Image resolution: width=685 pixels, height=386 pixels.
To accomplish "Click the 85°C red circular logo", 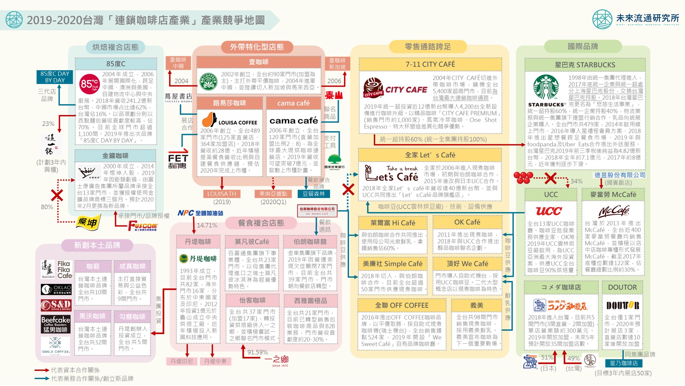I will [x=89, y=84].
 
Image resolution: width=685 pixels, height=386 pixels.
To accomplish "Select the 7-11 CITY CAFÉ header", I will [x=430, y=64].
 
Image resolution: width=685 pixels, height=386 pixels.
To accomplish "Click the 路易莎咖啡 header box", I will [x=229, y=103].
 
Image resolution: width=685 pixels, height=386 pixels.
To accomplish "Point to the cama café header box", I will [x=293, y=103].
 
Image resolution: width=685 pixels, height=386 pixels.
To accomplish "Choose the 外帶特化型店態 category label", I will [x=257, y=47].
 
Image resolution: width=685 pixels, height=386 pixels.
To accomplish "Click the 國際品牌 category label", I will [x=583, y=46].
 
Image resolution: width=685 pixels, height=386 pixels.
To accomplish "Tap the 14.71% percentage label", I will [x=207, y=225].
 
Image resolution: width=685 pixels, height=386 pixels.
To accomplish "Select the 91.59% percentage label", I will [x=257, y=352].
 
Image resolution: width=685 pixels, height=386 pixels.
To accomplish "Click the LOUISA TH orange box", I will [x=222, y=194].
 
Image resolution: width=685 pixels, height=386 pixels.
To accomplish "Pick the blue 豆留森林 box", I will [x=314, y=194].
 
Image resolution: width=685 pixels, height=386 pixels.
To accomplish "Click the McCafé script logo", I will [x=613, y=211].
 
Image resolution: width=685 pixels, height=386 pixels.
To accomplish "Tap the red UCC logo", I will [x=549, y=211].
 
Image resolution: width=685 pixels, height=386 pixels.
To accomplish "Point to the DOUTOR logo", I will [x=622, y=305].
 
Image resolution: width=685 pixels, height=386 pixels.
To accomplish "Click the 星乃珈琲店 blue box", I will [x=624, y=363].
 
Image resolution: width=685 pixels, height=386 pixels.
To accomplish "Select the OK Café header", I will [x=467, y=222].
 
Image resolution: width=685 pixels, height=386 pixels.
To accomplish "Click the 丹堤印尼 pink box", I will [x=182, y=361].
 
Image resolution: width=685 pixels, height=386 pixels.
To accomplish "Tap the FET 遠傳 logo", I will [x=178, y=159].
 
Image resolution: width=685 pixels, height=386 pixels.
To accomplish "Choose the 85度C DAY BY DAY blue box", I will [x=55, y=77].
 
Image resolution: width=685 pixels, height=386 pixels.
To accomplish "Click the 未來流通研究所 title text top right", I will [x=647, y=18].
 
